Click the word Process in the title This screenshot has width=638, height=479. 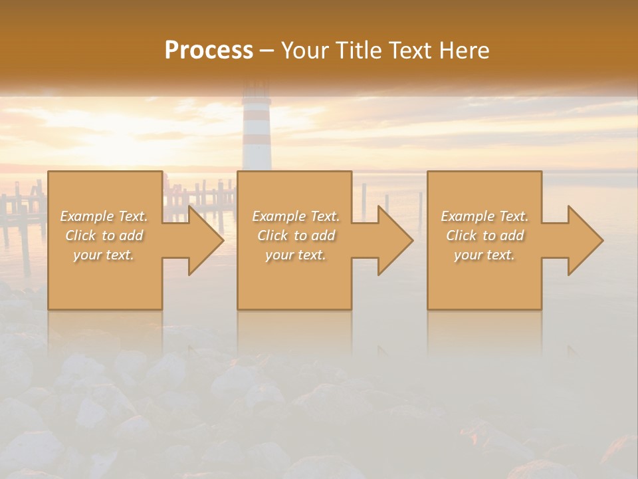[x=209, y=51]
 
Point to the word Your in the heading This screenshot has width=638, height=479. [x=307, y=51]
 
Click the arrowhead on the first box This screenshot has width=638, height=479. [x=202, y=240]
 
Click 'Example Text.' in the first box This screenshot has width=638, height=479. [x=104, y=216]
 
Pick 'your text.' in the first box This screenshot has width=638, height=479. [x=104, y=255]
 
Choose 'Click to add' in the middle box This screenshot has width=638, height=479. [x=296, y=236]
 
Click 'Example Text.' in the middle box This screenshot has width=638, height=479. [x=296, y=216]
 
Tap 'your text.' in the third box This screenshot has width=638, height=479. [x=484, y=255]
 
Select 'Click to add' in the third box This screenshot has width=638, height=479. [x=484, y=236]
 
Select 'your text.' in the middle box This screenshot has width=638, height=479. [x=296, y=255]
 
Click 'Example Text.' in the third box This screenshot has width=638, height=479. [x=484, y=216]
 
